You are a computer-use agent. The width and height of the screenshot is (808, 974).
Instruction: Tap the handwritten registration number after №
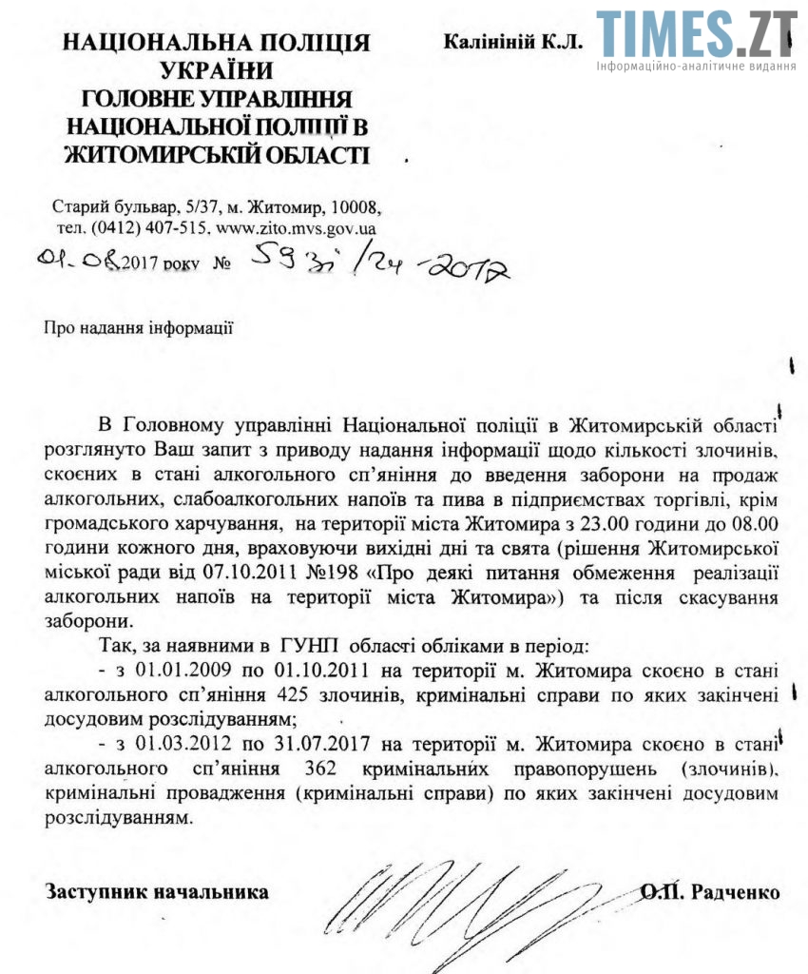[x=380, y=261]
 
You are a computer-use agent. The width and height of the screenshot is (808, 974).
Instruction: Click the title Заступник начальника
[x=155, y=892]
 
